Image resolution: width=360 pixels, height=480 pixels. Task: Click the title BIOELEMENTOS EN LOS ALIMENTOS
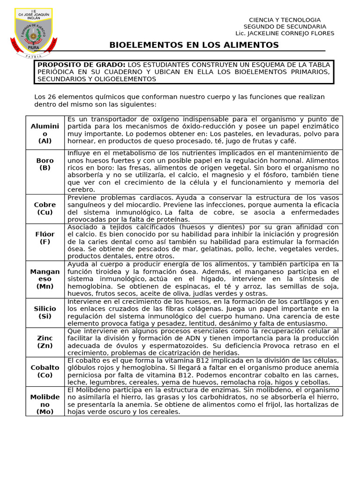point(194,45)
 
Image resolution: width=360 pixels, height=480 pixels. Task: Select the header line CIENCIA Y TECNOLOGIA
point(285,20)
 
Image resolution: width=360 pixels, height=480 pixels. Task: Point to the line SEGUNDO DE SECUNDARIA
point(285,27)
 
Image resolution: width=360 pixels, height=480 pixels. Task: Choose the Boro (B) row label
point(45,164)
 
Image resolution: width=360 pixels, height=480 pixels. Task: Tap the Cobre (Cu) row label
point(45,209)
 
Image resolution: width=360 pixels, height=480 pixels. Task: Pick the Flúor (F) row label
point(45,238)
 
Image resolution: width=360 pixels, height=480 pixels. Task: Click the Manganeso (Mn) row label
point(45,279)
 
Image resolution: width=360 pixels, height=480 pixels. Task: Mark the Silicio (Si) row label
point(45,312)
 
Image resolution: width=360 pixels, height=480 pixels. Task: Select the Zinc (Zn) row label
point(45,342)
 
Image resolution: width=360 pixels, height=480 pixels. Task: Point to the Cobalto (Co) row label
point(45,371)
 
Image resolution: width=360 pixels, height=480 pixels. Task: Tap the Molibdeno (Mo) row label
point(45,404)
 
